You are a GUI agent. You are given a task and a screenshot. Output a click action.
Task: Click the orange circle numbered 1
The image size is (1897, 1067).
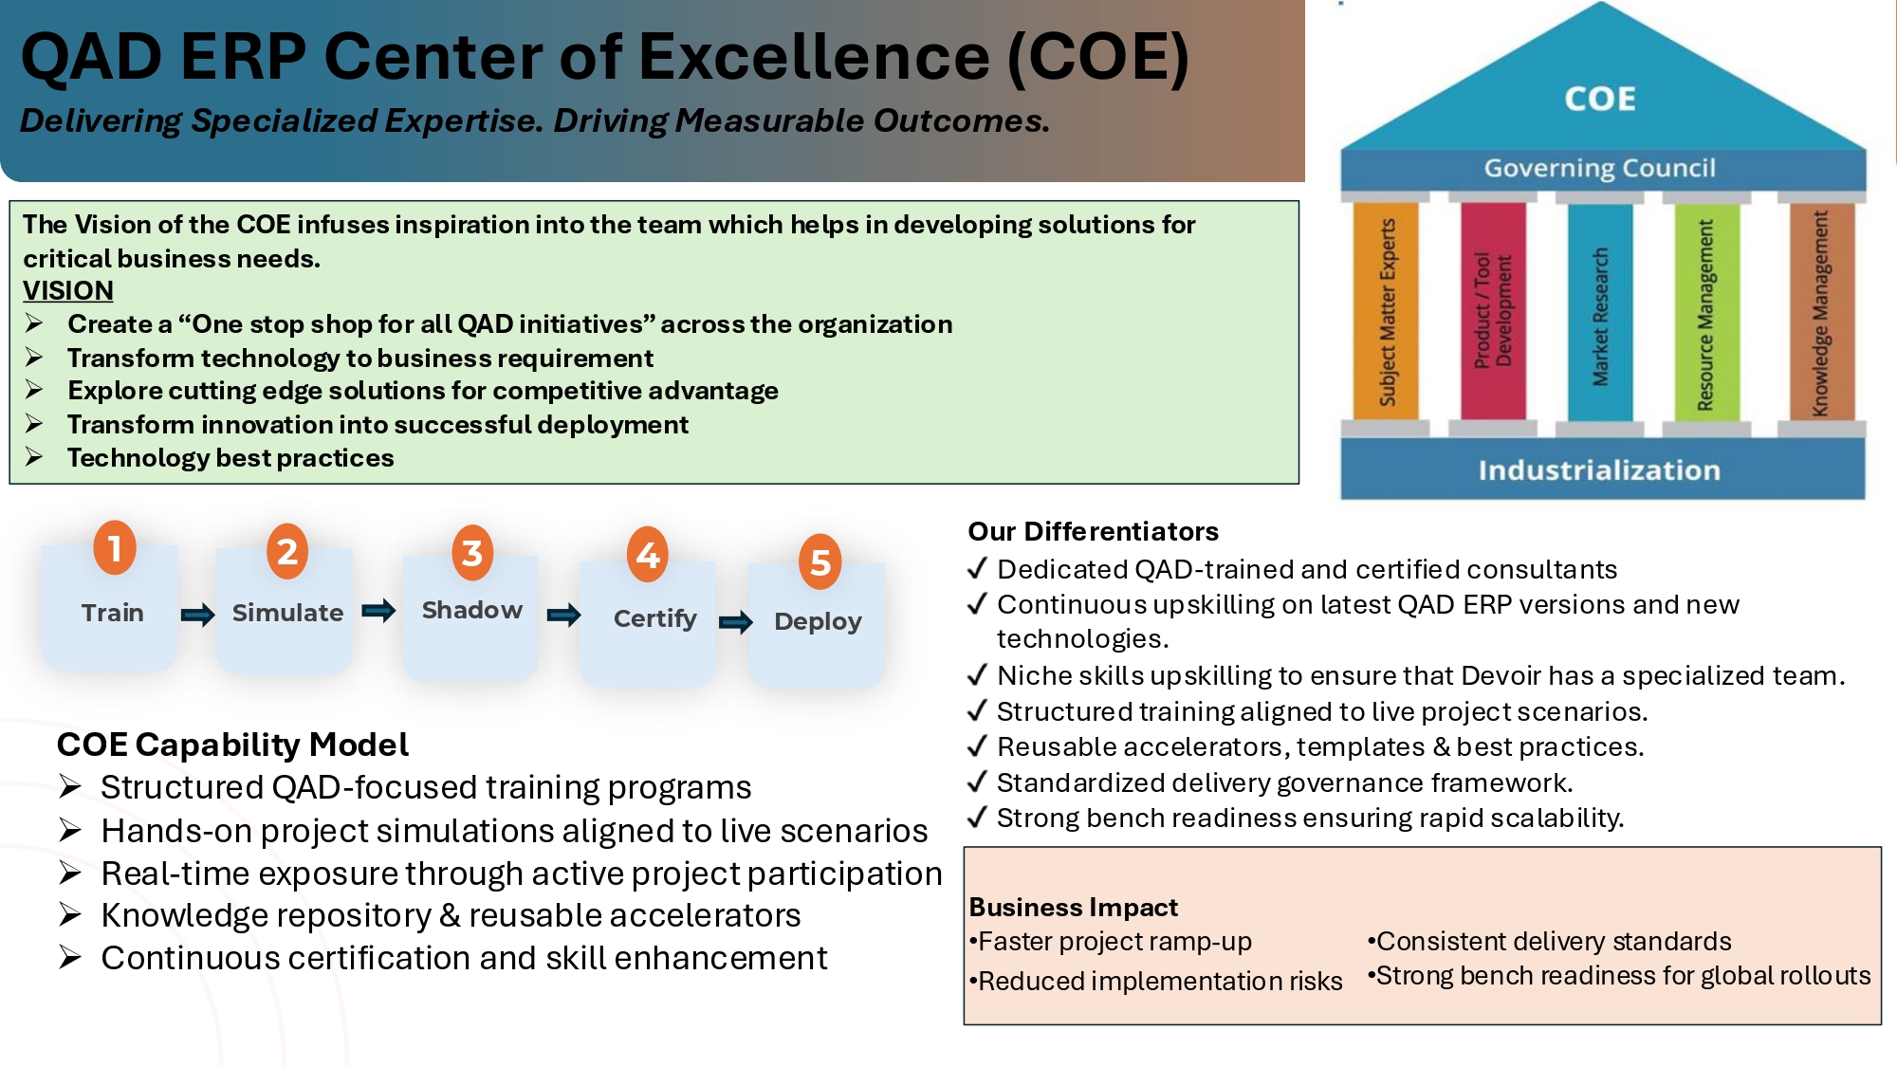pos(115,547)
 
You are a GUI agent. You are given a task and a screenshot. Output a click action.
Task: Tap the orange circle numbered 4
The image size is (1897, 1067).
pos(648,554)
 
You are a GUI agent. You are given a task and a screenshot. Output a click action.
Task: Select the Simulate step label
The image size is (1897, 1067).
pos(287,613)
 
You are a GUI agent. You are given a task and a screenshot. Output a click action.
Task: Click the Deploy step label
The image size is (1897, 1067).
pos(818,621)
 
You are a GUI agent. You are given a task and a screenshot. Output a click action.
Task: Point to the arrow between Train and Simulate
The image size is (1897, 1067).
pos(198,615)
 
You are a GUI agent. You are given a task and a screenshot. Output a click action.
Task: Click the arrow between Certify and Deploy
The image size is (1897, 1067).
pos(736,622)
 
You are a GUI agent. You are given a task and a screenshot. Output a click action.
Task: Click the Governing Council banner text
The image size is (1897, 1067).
pos(1600,168)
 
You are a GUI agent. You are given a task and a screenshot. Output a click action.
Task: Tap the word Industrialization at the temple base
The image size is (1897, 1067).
pos(1599,469)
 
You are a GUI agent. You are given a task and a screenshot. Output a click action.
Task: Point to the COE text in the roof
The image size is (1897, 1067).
pos(1600,99)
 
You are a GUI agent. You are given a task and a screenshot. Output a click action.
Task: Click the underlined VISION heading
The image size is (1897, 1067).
pos(68,290)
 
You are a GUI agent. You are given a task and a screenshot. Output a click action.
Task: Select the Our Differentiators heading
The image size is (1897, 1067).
pos(1093,531)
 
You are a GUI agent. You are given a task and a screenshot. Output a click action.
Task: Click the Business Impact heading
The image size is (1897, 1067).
pos(1073,908)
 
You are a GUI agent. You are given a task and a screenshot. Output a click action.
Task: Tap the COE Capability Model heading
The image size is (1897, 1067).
pos(232,745)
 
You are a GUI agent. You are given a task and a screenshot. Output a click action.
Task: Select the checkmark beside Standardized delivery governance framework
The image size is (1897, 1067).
pos(977,782)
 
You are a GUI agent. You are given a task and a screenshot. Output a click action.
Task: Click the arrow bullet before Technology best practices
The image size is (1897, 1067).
pos(34,457)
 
